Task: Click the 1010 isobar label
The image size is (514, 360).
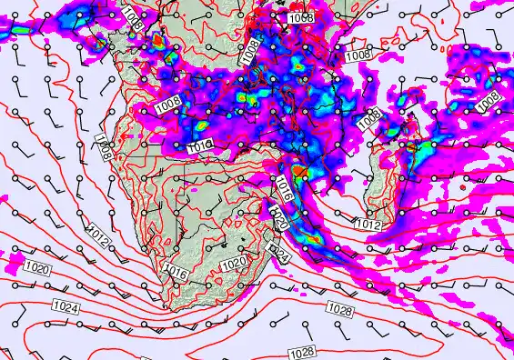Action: [x=200, y=145]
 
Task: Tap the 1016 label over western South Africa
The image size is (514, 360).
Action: [x=176, y=270]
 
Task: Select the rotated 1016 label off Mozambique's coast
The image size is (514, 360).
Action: [x=283, y=191]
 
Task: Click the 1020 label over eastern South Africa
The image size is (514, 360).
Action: [x=235, y=263]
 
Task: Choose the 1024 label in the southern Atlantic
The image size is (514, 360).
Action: [x=65, y=306]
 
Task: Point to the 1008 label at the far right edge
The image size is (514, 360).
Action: [x=489, y=98]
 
